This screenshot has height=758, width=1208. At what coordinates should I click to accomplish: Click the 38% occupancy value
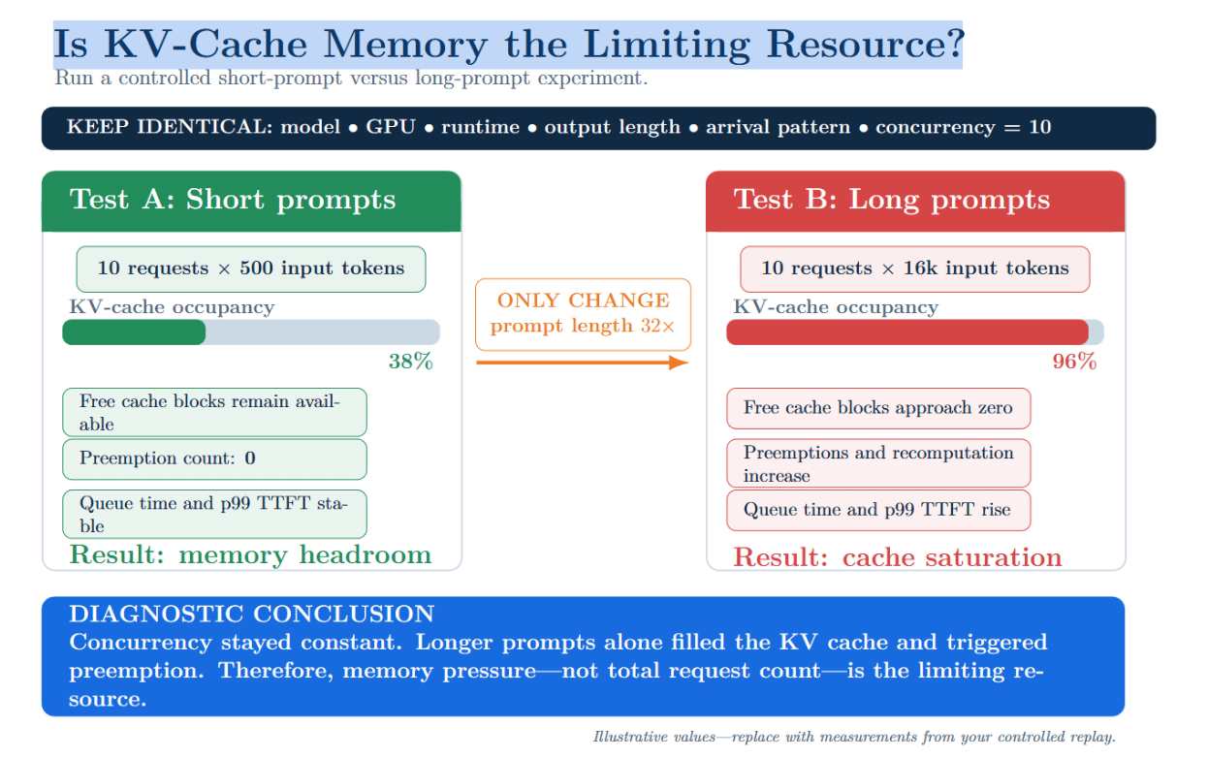coord(410,362)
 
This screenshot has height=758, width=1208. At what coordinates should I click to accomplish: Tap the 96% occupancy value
coord(1074,362)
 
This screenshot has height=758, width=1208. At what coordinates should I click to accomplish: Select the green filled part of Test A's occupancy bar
coord(134,332)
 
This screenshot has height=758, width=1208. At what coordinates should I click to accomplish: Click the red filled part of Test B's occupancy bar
coord(907,332)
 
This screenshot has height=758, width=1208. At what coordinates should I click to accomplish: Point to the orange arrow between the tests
coord(582,363)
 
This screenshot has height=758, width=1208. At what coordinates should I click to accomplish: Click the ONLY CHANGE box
coord(583,314)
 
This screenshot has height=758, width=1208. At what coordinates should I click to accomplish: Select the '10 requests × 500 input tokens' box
coord(251,269)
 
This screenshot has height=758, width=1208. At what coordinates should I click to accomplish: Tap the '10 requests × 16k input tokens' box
coord(914,269)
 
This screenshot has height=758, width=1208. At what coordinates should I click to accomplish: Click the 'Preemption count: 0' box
coord(214,458)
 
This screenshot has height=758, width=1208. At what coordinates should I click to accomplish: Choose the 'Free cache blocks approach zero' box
coord(878,408)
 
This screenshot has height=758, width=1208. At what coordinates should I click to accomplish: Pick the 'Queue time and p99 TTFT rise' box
coord(878,510)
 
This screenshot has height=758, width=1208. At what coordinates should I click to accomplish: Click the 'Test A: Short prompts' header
coord(251,202)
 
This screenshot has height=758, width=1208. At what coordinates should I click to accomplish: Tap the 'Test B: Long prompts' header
coord(915,202)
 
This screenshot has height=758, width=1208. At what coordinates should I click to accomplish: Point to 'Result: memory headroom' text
coord(251,554)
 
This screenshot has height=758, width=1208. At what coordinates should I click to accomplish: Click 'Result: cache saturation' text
coord(898,557)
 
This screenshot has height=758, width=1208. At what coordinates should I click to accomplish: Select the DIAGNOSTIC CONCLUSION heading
coord(252,614)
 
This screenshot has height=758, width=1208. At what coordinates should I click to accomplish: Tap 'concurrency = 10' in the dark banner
coord(964,127)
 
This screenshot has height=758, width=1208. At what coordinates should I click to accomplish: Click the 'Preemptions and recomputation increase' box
coord(878,463)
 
